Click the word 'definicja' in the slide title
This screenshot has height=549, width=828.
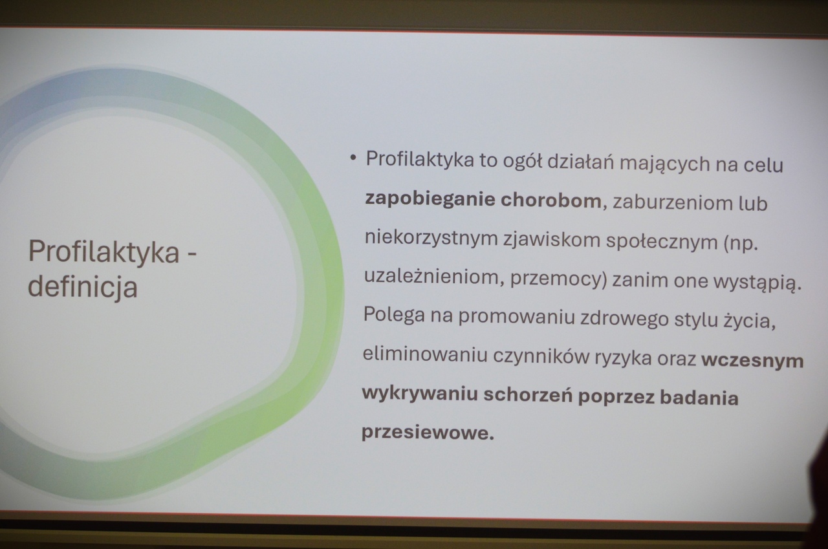[83, 286]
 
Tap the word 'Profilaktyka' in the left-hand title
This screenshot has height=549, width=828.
[104, 252]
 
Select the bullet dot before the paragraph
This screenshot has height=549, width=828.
[353, 158]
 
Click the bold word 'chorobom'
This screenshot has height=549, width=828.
[551, 200]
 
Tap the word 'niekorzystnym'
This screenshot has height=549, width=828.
[431, 237]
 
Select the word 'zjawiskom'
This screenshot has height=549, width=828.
[552, 240]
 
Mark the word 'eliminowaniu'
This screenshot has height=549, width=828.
[425, 354]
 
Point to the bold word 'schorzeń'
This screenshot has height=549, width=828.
[528, 394]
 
